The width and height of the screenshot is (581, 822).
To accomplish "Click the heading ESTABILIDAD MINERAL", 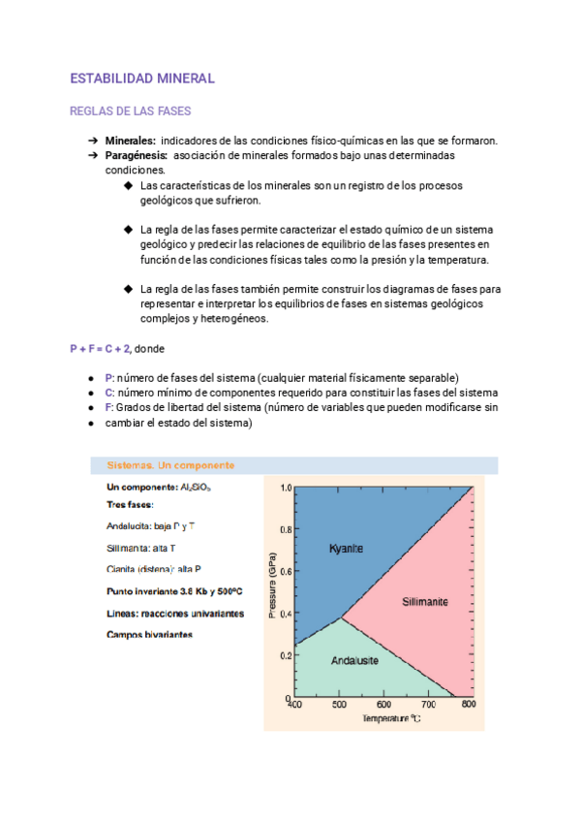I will [x=142, y=78].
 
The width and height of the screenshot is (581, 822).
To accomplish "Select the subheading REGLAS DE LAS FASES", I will [x=131, y=111].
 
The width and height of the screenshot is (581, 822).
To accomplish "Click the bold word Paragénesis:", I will [x=137, y=155].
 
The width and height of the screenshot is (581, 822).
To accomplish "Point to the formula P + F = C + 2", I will [x=101, y=348].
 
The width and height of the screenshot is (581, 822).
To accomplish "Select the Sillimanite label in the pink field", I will [x=425, y=602].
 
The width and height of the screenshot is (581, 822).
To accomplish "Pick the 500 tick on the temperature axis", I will [x=339, y=705].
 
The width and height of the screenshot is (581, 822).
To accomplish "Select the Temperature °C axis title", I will [x=390, y=718].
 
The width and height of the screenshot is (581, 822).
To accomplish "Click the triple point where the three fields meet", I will [x=340, y=616].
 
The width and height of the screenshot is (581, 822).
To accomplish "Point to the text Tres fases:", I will [x=131, y=504].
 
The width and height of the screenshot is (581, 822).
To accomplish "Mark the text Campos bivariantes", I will [x=149, y=635].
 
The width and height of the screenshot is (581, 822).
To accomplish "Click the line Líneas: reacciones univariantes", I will [x=174, y=613].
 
